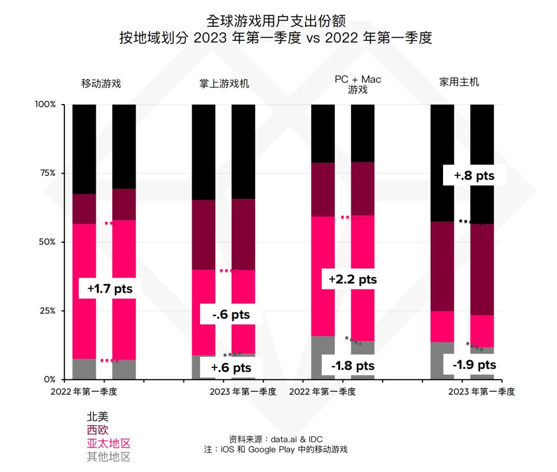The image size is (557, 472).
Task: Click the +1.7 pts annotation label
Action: coord(110,289)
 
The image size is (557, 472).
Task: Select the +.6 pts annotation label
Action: coord(231,367)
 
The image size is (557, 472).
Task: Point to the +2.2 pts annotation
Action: coord(353,279)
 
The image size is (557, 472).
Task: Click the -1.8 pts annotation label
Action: coord(353,366)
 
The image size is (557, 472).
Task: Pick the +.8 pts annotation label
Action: coord(474,176)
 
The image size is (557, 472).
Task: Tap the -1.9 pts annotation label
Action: coord(474,365)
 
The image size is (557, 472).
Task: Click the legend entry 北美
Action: coord(97,416)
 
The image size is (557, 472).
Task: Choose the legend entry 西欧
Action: coord(97,430)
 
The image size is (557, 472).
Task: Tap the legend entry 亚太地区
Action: coord(108,443)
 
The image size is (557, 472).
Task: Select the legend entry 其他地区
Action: coord(108,457)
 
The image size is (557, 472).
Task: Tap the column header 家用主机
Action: coord(459,82)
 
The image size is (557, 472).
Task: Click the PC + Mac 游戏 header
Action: coord(357,85)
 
